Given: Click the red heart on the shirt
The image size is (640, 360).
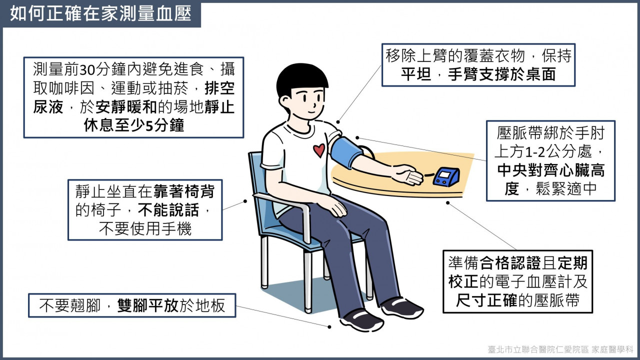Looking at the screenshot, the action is [x=319, y=150].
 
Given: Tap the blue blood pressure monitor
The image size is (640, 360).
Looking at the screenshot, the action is [x=446, y=177].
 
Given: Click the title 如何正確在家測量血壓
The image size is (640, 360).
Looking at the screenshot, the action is [x=100, y=13].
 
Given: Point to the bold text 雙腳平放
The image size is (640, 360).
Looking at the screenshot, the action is [x=148, y=305].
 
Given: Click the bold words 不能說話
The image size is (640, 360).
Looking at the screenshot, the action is [x=168, y=210].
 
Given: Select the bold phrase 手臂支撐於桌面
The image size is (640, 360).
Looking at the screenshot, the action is [x=501, y=74].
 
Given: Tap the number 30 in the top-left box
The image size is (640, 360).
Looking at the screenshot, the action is [x=87, y=70].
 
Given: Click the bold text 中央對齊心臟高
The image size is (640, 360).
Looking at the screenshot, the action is [x=551, y=170].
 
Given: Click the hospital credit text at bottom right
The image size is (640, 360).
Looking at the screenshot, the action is [x=560, y=349].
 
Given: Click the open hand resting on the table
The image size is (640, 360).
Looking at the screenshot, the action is [x=408, y=175].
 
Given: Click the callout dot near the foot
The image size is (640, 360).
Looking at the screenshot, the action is [x=329, y=327].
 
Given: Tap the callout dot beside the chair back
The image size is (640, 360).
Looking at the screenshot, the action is [x=245, y=201].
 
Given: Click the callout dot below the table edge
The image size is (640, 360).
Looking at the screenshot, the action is [x=447, y=203].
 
